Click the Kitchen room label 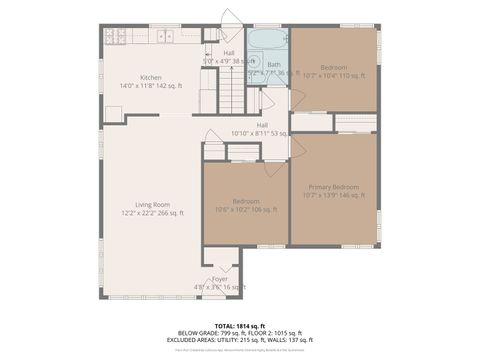coord(151,77)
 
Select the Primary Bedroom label coord(333,187)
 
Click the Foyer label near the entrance coord(220,279)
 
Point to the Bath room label coord(273,64)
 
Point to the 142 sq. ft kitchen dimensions coord(151,86)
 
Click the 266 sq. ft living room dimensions coord(153,213)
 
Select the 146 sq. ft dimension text coord(333,196)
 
